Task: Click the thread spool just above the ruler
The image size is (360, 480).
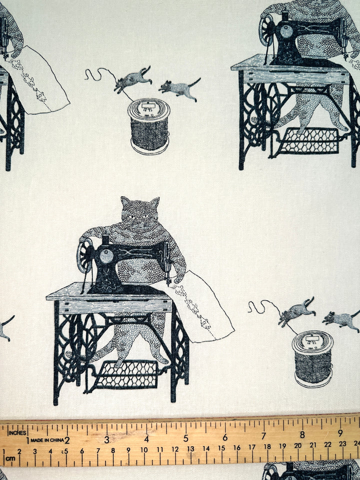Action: pos(312,358)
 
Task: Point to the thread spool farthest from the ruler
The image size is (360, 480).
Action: pos(148,125)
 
